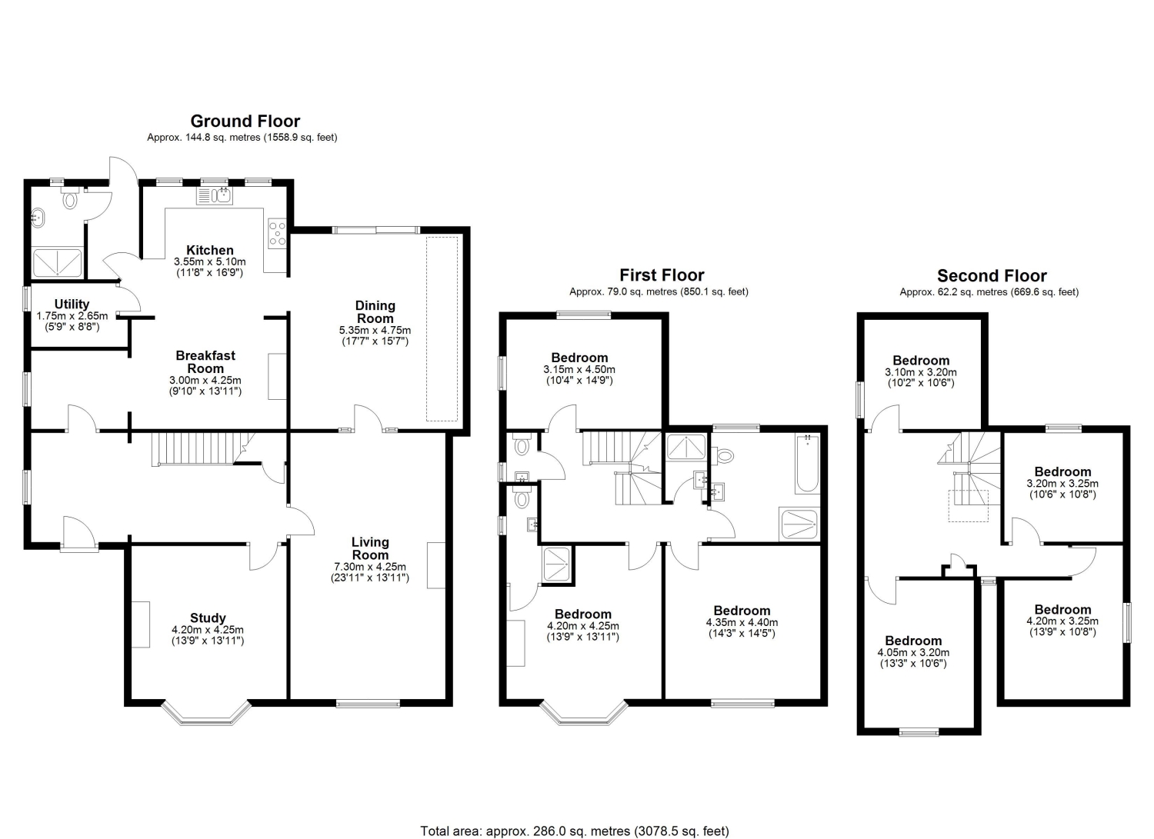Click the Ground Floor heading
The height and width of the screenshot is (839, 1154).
[x=245, y=121]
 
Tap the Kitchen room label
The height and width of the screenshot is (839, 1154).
[x=210, y=250]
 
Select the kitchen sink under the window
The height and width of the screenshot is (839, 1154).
[x=215, y=195]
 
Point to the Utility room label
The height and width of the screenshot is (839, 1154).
[x=72, y=304]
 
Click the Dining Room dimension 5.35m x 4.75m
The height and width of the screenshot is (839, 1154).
[x=375, y=330]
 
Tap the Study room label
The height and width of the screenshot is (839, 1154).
[x=208, y=618]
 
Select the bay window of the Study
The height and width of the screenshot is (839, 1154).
[x=207, y=713]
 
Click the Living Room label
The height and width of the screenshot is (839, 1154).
[x=370, y=548]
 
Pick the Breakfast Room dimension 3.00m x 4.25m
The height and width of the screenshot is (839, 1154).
[x=205, y=380]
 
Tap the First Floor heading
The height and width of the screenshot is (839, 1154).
[x=662, y=275]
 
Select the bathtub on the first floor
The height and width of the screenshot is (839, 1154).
[x=807, y=464]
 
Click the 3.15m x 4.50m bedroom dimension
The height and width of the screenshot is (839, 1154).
[x=579, y=369]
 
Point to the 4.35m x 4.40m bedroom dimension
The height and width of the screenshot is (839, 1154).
[x=742, y=622]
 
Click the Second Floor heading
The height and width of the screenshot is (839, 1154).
[x=992, y=276]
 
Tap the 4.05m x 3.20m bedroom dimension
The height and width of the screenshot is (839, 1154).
[x=913, y=653]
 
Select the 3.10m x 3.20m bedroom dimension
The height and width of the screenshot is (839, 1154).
[x=921, y=372]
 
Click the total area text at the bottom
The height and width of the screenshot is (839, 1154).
[x=575, y=817]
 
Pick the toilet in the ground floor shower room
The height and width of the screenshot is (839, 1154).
[x=69, y=198]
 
